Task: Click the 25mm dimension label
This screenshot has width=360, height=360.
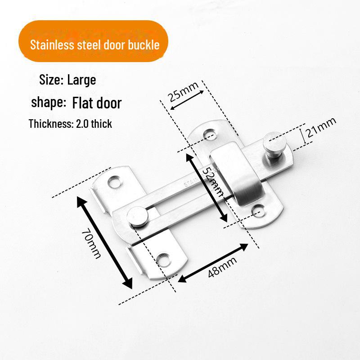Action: (x=184, y=91)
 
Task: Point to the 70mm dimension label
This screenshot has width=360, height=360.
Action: (x=91, y=244)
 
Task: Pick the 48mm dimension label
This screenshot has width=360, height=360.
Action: (x=222, y=267)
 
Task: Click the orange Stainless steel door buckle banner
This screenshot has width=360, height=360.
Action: (x=93, y=41)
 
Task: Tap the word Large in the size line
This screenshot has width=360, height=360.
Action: (x=81, y=80)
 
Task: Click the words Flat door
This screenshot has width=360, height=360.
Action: (x=97, y=103)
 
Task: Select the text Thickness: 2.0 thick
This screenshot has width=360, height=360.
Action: (x=70, y=124)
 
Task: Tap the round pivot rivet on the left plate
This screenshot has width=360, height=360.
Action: (x=137, y=216)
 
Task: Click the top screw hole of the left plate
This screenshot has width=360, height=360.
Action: (x=114, y=181)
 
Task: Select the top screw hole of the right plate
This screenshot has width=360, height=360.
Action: (x=210, y=134)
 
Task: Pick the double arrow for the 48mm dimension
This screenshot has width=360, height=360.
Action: (x=213, y=263)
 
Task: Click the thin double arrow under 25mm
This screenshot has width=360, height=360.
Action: (x=187, y=100)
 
